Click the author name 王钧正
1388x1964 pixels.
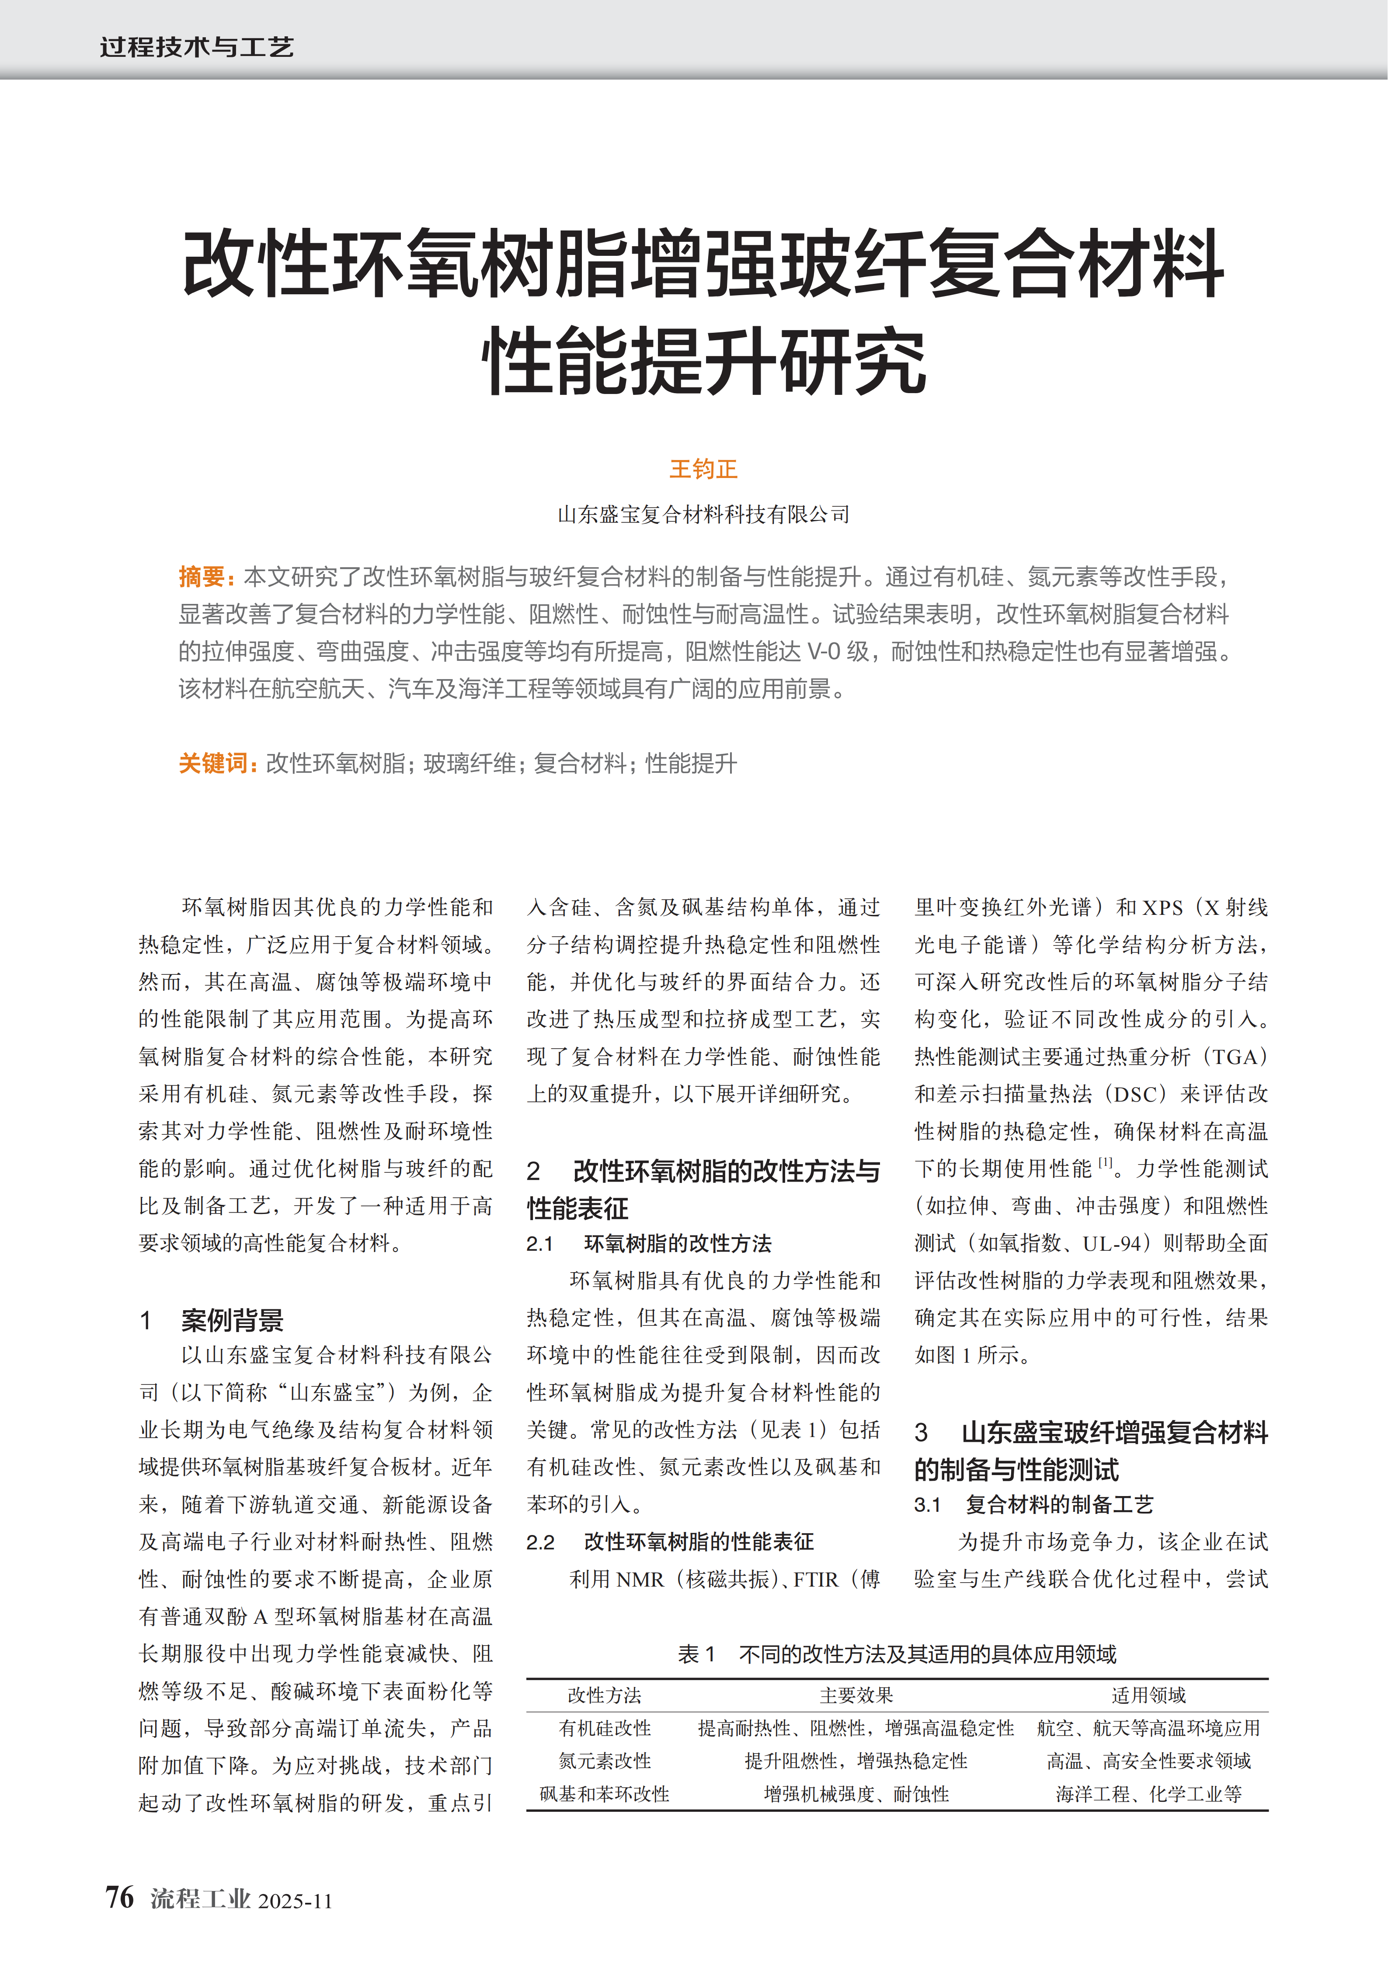pyautogui.click(x=703, y=469)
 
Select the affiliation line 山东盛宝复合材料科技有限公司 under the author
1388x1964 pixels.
pyautogui.click(x=703, y=514)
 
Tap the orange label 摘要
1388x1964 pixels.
pyautogui.click(x=202, y=577)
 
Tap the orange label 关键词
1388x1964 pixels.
pyautogui.click(x=214, y=763)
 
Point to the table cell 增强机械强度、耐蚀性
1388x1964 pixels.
pyautogui.click(x=856, y=1794)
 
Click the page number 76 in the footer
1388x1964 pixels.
pyautogui.click(x=120, y=1897)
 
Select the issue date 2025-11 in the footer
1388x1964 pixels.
pyautogui.click(x=295, y=1901)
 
